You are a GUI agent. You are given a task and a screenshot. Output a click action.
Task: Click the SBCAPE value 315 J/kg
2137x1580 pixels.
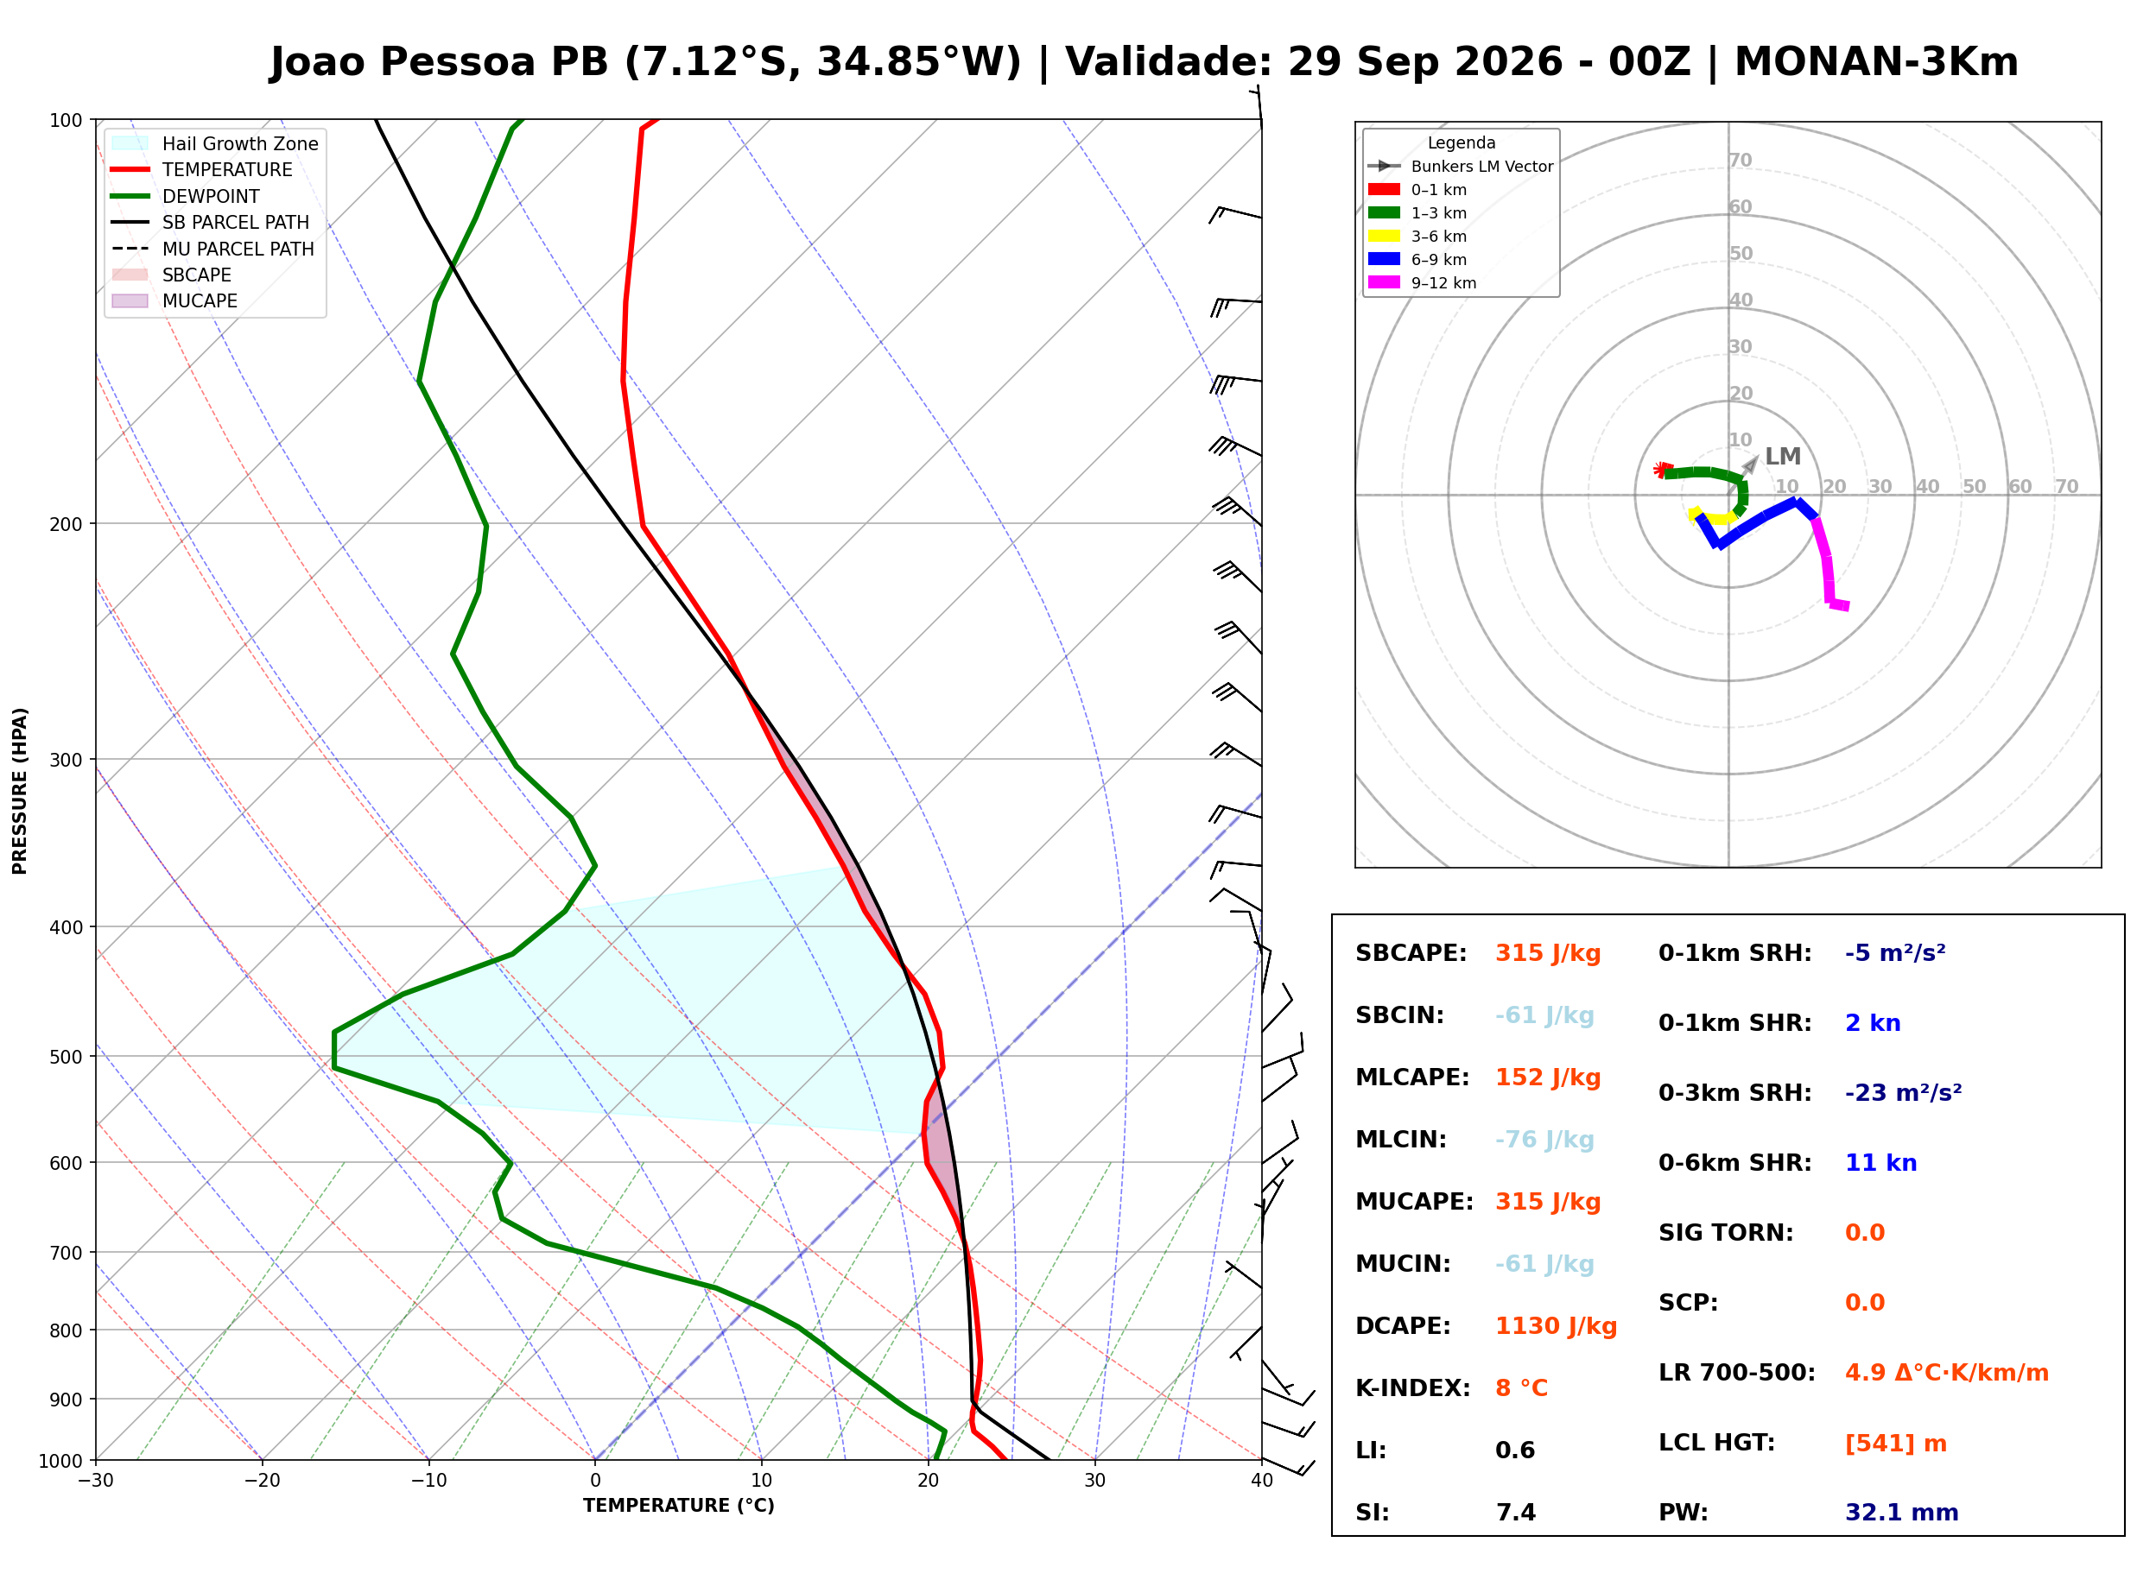tap(1548, 953)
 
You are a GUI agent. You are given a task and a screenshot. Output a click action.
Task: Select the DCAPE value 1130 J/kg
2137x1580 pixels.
tap(1556, 1326)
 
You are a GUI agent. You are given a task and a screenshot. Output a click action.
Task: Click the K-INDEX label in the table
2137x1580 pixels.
tap(1413, 1388)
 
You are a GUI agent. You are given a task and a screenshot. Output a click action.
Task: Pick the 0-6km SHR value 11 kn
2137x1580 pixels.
tap(1880, 1163)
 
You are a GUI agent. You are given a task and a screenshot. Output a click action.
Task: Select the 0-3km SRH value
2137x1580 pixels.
tap(1903, 1093)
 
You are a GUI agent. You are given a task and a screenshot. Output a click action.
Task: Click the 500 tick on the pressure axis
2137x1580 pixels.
tap(65, 1057)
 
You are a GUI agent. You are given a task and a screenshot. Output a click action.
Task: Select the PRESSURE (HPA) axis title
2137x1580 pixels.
tap(20, 791)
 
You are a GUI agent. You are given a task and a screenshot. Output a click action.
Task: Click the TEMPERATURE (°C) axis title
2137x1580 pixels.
tap(678, 1507)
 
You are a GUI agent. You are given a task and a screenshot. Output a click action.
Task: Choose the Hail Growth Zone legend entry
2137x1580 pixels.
tap(215, 143)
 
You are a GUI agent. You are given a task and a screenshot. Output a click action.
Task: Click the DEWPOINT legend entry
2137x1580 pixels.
tap(186, 196)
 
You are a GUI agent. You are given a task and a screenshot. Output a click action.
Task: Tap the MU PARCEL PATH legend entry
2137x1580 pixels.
tap(213, 249)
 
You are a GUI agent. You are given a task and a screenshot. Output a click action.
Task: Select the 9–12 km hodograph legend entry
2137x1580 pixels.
tap(1423, 283)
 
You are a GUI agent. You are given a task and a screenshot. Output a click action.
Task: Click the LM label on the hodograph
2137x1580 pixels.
tap(1782, 458)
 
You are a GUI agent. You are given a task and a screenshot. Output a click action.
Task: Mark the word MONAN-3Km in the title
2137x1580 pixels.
tap(1876, 62)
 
